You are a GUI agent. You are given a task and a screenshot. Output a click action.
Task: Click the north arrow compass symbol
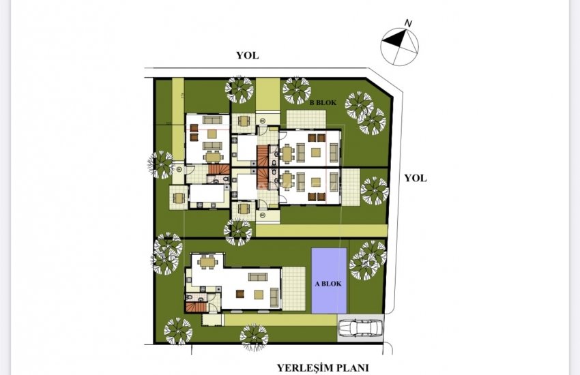(399, 44)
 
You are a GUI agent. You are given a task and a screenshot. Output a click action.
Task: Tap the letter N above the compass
(408, 23)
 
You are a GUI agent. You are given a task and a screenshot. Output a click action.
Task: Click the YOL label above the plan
(247, 56)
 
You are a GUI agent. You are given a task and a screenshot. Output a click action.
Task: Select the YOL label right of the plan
(415, 178)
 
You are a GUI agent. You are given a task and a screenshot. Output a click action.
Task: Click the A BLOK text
(330, 284)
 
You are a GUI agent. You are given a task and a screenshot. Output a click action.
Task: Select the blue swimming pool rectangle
(329, 280)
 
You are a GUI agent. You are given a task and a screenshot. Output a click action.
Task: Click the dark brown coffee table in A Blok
(240, 293)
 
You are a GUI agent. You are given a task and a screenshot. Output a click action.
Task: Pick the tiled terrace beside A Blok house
(293, 288)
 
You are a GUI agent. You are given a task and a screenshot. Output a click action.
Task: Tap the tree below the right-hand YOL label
(373, 191)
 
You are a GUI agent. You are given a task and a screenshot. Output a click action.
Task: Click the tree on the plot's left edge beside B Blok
(162, 164)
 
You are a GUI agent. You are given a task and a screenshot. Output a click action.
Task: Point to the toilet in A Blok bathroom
(188, 297)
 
